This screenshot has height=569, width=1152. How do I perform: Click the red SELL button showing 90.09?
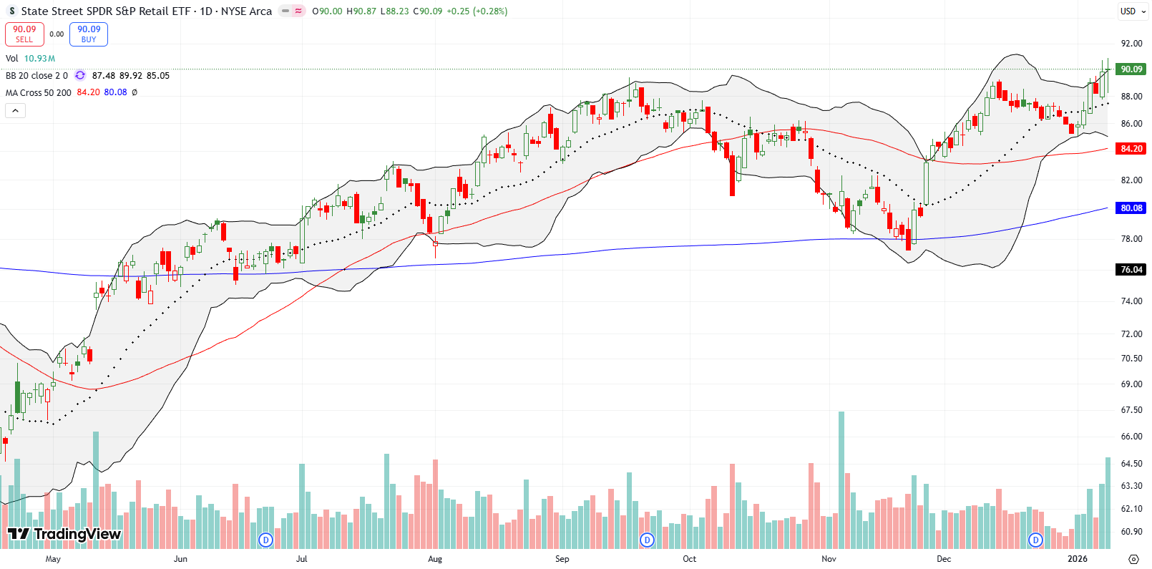tap(24, 34)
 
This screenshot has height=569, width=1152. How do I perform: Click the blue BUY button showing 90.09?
tap(89, 34)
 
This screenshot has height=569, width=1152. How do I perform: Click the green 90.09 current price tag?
tap(1131, 69)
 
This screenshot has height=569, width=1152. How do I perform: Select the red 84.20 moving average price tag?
tap(1131, 149)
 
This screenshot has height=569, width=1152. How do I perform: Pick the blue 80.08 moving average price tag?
tap(1131, 208)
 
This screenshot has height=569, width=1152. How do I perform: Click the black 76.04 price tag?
tap(1131, 270)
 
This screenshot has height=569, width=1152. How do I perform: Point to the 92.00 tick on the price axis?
tap(1131, 44)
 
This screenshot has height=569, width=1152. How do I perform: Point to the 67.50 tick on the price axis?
tap(1131, 410)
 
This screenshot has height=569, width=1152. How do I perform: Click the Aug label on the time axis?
tap(435, 559)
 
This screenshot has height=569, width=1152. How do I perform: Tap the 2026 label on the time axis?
tap(1077, 559)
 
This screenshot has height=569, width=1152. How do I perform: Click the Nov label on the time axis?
tap(829, 559)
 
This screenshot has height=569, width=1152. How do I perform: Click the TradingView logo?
tap(64, 534)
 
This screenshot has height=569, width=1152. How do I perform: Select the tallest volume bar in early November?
tap(841, 480)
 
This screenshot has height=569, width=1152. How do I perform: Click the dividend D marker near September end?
tap(647, 540)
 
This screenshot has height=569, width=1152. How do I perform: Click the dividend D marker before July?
tap(265, 540)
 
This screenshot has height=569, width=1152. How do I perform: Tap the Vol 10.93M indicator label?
tap(30, 59)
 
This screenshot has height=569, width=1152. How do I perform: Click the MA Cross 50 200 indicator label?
tap(39, 93)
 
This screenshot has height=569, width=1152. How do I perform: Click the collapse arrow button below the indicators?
tap(15, 111)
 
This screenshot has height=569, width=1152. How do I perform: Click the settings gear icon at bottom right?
tap(1133, 559)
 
